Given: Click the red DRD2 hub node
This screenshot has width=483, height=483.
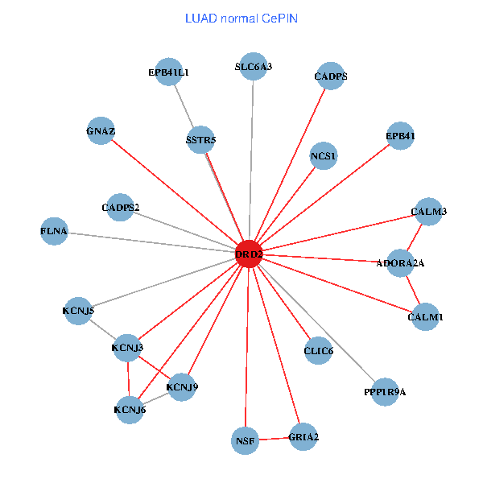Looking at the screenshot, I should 249,254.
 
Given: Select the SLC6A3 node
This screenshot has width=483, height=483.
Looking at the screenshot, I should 254,67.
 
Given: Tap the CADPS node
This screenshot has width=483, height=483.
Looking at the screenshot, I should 330,77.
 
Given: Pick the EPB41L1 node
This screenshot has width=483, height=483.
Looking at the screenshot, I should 168,72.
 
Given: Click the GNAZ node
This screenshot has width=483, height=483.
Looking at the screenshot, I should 101,130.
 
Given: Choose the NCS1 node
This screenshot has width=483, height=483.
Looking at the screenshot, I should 324,155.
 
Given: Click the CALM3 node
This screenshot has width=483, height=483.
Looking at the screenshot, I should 428,212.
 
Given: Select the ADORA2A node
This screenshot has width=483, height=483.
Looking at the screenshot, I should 400,262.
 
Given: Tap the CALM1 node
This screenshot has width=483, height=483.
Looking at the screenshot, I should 425,317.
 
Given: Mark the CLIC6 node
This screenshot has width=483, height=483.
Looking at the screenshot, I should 319,350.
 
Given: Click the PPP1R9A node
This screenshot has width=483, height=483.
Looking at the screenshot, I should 385,392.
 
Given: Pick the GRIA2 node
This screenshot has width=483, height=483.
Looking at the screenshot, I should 303,437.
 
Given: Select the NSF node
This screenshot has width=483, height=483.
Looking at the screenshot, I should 245,440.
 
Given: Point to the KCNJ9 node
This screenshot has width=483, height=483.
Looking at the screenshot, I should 182,387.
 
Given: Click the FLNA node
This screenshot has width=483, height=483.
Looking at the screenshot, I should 54,232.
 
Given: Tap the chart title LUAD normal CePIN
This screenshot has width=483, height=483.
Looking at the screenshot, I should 242,18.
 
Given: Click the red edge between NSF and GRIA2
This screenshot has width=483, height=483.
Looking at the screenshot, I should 274,439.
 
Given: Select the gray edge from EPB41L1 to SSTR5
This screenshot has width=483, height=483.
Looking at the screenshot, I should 184,106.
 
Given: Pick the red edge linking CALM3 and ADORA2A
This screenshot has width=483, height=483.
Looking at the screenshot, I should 415,237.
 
